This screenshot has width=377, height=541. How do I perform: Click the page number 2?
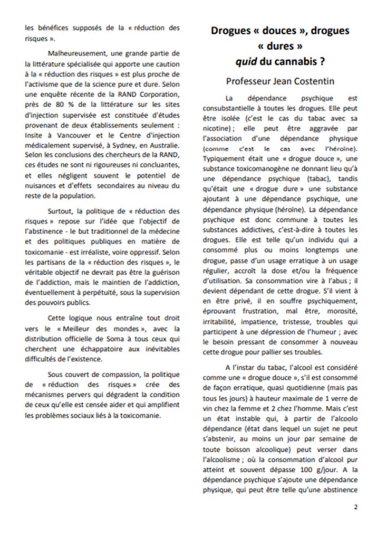tap(355, 507)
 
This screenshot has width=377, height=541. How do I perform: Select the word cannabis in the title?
tap(299, 61)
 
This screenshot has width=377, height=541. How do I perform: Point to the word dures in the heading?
tap(279, 46)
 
